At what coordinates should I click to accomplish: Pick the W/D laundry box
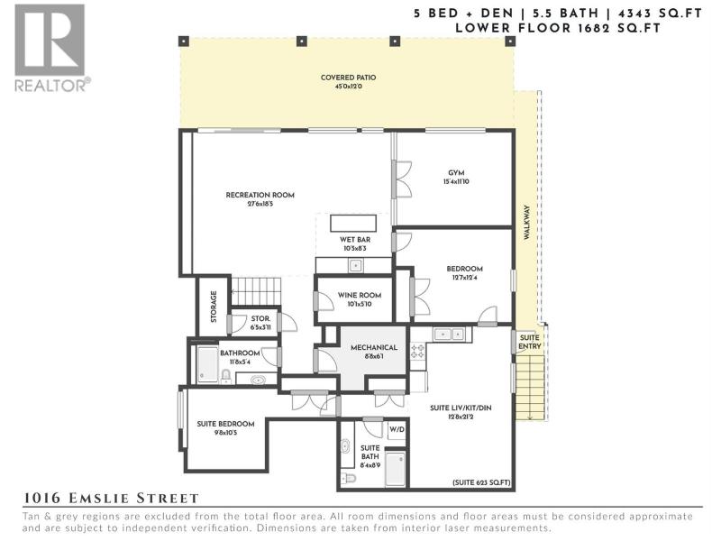(397, 430)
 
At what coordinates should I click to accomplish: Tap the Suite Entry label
(530, 342)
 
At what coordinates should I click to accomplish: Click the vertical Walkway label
(526, 222)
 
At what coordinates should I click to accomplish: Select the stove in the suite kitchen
(417, 351)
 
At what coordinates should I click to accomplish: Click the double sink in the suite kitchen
(452, 335)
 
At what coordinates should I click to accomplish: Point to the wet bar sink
(355, 266)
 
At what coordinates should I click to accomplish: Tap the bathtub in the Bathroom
(208, 364)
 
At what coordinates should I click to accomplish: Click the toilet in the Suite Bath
(349, 478)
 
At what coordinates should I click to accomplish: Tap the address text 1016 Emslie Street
(111, 498)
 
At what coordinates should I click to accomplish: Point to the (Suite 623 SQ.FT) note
(481, 482)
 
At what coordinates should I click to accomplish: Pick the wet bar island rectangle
(353, 223)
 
